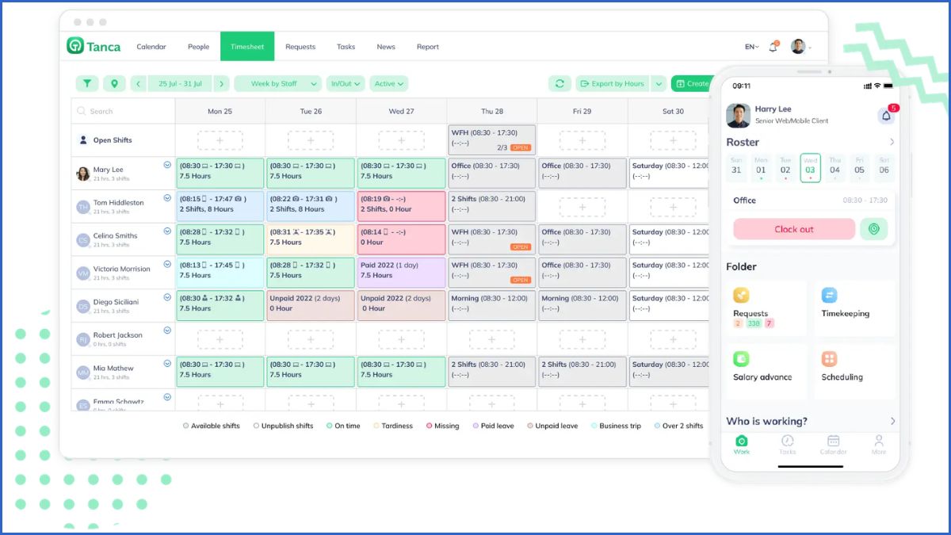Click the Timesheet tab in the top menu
point(247,47)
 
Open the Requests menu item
point(300,47)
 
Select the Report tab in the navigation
point(427,47)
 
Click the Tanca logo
point(94,46)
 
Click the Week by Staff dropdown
point(277,83)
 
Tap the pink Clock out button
point(794,229)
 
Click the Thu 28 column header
point(491,111)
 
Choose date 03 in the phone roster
point(810,167)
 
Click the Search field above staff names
point(123,111)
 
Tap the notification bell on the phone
point(886,116)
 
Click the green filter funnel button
point(87,83)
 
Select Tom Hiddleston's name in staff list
point(119,202)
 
